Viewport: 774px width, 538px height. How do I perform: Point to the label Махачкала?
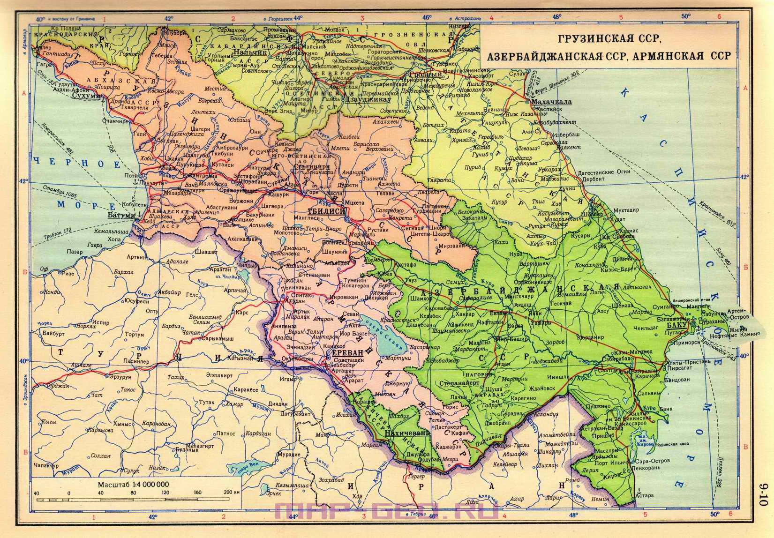(x=548, y=102)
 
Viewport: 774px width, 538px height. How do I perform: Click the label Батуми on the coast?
(x=121, y=215)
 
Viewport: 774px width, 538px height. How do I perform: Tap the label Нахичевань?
(x=407, y=433)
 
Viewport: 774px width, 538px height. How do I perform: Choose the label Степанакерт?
(x=459, y=383)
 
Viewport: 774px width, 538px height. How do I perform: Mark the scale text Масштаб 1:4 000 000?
(x=134, y=484)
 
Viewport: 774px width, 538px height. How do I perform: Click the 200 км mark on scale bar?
(x=229, y=493)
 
